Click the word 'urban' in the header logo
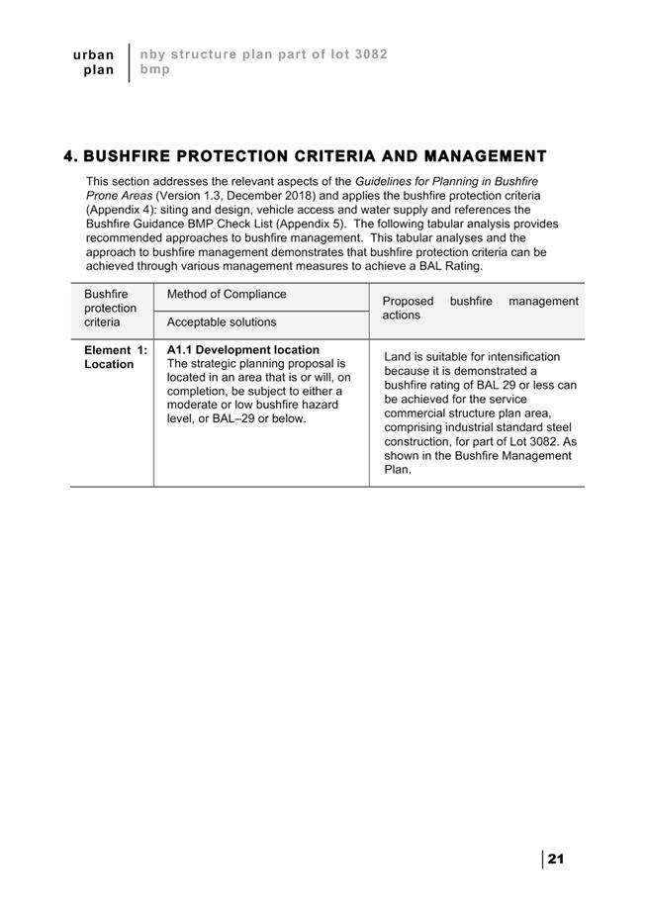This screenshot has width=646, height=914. pyautogui.click(x=94, y=54)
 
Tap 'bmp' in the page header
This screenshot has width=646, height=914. pyautogui.click(x=154, y=70)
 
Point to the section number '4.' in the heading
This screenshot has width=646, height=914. pyautogui.click(x=70, y=156)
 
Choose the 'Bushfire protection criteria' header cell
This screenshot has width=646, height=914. pyautogui.click(x=110, y=309)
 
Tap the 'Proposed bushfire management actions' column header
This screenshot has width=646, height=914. pyautogui.click(x=480, y=308)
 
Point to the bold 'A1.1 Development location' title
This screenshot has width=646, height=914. pyautogui.click(x=243, y=350)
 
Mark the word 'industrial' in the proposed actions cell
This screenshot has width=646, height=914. pyautogui.click(x=470, y=427)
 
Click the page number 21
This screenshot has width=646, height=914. pyautogui.click(x=555, y=859)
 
